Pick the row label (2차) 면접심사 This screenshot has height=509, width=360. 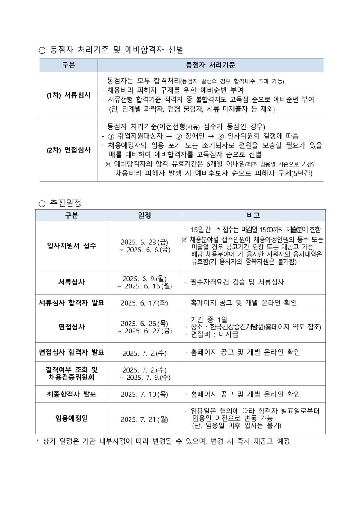(x=68, y=150)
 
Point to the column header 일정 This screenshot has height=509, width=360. (x=144, y=215)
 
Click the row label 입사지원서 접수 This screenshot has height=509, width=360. (x=72, y=246)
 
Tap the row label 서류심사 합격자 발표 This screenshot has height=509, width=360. (x=72, y=303)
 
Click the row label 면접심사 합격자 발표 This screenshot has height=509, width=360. (x=72, y=352)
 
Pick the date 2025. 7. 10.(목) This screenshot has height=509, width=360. (x=144, y=395)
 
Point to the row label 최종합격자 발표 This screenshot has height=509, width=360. (x=72, y=394)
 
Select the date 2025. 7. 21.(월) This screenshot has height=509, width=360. (x=144, y=419)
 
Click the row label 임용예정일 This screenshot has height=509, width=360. (x=72, y=419)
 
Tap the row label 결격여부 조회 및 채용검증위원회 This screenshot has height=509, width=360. (x=72, y=373)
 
